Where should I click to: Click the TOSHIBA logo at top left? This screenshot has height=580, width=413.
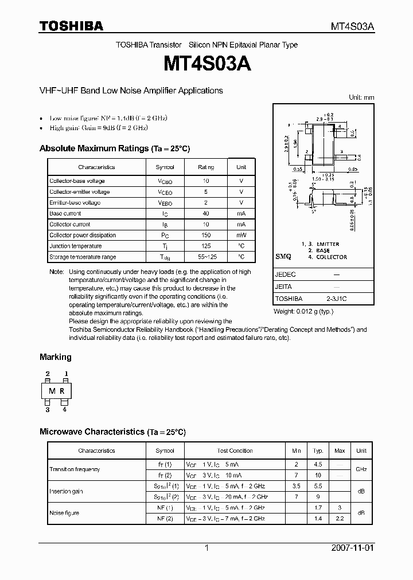click(71, 26)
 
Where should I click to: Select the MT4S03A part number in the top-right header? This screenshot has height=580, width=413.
click(352, 26)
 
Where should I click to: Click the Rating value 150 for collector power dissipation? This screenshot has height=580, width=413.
click(206, 236)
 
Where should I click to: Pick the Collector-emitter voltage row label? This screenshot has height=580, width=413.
click(79, 192)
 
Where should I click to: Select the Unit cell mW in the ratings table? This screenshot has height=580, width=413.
click(241, 236)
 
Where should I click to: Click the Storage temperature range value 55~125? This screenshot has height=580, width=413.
click(206, 257)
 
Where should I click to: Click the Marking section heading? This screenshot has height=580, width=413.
click(56, 357)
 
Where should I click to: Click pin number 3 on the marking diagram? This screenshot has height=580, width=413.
click(48, 410)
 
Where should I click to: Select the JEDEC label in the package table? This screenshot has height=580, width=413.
click(286, 275)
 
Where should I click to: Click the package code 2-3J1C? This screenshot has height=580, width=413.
click(337, 299)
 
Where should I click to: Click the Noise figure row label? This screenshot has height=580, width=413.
click(64, 513)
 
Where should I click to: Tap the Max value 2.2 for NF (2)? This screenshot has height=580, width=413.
click(339, 518)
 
